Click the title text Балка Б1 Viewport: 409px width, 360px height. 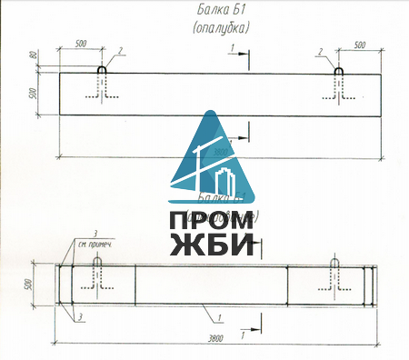coord(222,11)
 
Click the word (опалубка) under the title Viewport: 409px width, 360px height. coord(222,27)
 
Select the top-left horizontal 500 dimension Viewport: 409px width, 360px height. coord(80,44)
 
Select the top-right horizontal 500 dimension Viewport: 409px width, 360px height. coord(358,44)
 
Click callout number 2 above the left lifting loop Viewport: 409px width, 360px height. coord(119,51)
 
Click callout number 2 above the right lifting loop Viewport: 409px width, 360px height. coord(322,51)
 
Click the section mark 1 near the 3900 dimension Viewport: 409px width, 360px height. coord(244,335)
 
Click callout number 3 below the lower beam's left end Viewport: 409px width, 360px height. coord(81,315)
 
